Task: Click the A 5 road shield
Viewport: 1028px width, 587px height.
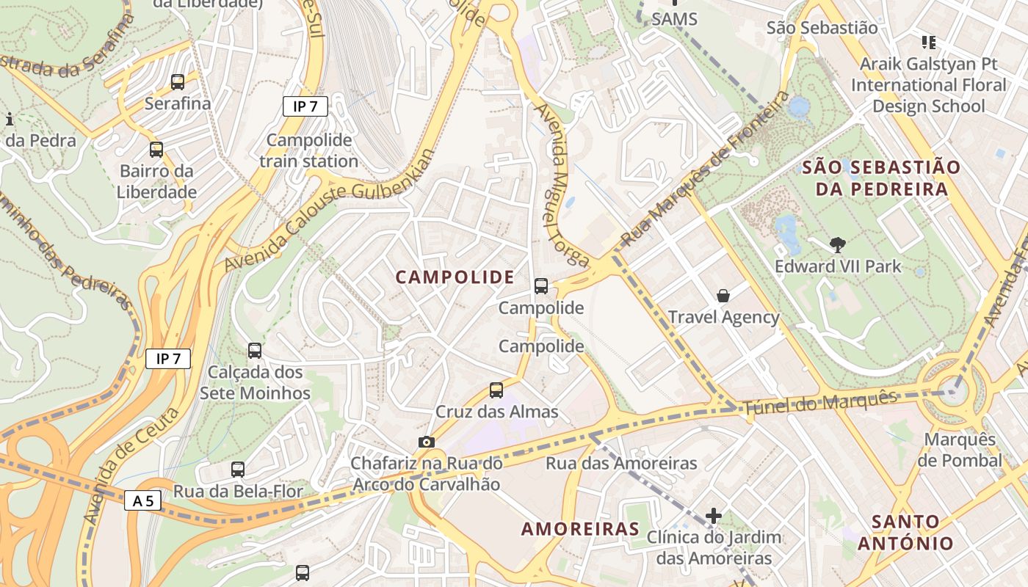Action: click(x=143, y=501)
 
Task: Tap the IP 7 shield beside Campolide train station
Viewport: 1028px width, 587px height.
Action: click(x=305, y=106)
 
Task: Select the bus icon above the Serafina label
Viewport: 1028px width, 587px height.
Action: click(x=178, y=82)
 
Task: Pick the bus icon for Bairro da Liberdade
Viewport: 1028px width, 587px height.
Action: click(x=156, y=150)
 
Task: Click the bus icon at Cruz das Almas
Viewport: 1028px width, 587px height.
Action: click(x=496, y=390)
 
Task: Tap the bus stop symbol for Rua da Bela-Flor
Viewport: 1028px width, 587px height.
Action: click(x=238, y=470)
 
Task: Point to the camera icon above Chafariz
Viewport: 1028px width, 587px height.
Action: click(x=426, y=442)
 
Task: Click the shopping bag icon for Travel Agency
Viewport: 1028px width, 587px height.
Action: click(x=723, y=296)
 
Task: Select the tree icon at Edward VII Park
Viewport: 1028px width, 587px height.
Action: click(x=837, y=245)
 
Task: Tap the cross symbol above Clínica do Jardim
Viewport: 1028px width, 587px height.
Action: click(x=714, y=516)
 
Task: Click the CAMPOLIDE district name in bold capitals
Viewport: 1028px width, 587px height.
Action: click(x=455, y=277)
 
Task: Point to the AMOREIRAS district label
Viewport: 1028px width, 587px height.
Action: click(x=580, y=529)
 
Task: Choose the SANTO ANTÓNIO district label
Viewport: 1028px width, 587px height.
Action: click(x=905, y=533)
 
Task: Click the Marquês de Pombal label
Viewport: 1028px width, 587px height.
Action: click(x=960, y=451)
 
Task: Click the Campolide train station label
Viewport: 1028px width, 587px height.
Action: click(x=308, y=150)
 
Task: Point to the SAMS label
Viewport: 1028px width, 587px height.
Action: click(x=674, y=19)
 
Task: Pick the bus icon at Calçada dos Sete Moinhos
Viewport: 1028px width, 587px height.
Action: click(x=255, y=351)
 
